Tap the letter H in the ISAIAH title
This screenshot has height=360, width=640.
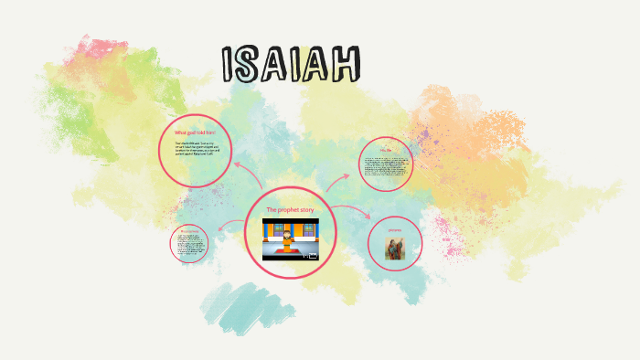[x=347, y=63]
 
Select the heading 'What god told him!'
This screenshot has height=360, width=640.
[x=194, y=133]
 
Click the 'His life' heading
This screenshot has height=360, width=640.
[x=386, y=151]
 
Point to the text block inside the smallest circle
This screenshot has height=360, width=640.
[x=190, y=245]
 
